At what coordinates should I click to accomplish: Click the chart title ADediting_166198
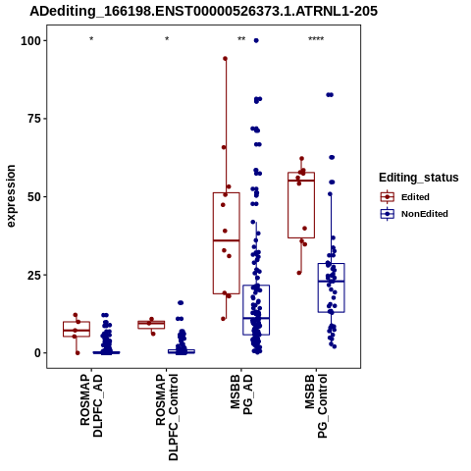[x=203, y=12]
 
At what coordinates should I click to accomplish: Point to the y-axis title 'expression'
[x=11, y=196]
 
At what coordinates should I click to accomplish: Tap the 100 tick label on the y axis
[x=31, y=41]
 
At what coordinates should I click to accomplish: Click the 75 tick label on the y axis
[x=34, y=119]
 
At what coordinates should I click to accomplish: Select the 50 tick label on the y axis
[x=34, y=197]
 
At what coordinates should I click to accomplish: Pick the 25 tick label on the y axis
[x=34, y=275]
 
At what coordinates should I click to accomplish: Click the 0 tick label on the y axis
[x=38, y=353]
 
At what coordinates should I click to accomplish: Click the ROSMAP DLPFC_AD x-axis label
[x=91, y=405]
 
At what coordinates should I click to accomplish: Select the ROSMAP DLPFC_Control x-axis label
[x=167, y=417]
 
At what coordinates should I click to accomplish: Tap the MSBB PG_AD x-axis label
[x=241, y=394]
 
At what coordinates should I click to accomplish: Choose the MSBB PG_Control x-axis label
[x=316, y=406]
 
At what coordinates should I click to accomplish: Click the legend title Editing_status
[x=419, y=178]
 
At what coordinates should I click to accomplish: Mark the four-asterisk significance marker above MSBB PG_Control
[x=316, y=39]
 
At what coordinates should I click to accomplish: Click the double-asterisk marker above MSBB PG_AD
[x=241, y=39]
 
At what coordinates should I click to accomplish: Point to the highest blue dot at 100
[x=256, y=40]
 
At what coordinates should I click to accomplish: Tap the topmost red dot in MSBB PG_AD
[x=225, y=59]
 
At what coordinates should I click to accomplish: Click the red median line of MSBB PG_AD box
[x=227, y=240]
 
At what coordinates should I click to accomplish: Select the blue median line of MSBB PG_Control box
[x=332, y=282]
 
